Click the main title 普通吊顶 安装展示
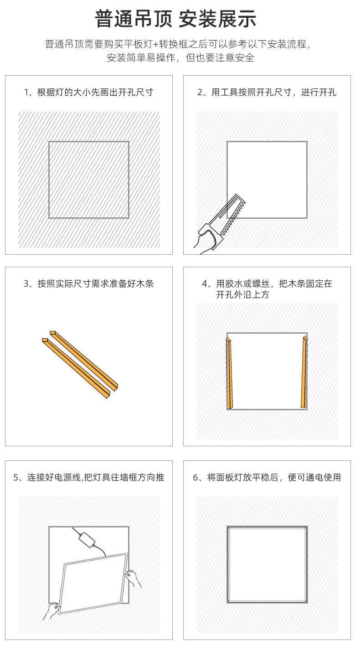175,19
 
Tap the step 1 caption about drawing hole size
89,93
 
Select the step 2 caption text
267,93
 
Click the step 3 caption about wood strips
89,284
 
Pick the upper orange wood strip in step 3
84,358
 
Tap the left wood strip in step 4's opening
230,372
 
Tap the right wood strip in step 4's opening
304,372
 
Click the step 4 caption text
267,289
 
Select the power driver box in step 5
87,540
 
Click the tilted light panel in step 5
93,583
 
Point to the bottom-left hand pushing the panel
52,609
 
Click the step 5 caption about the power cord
89,478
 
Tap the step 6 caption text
267,478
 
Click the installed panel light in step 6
267,564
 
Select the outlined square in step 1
89,180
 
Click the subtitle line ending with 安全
180,58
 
